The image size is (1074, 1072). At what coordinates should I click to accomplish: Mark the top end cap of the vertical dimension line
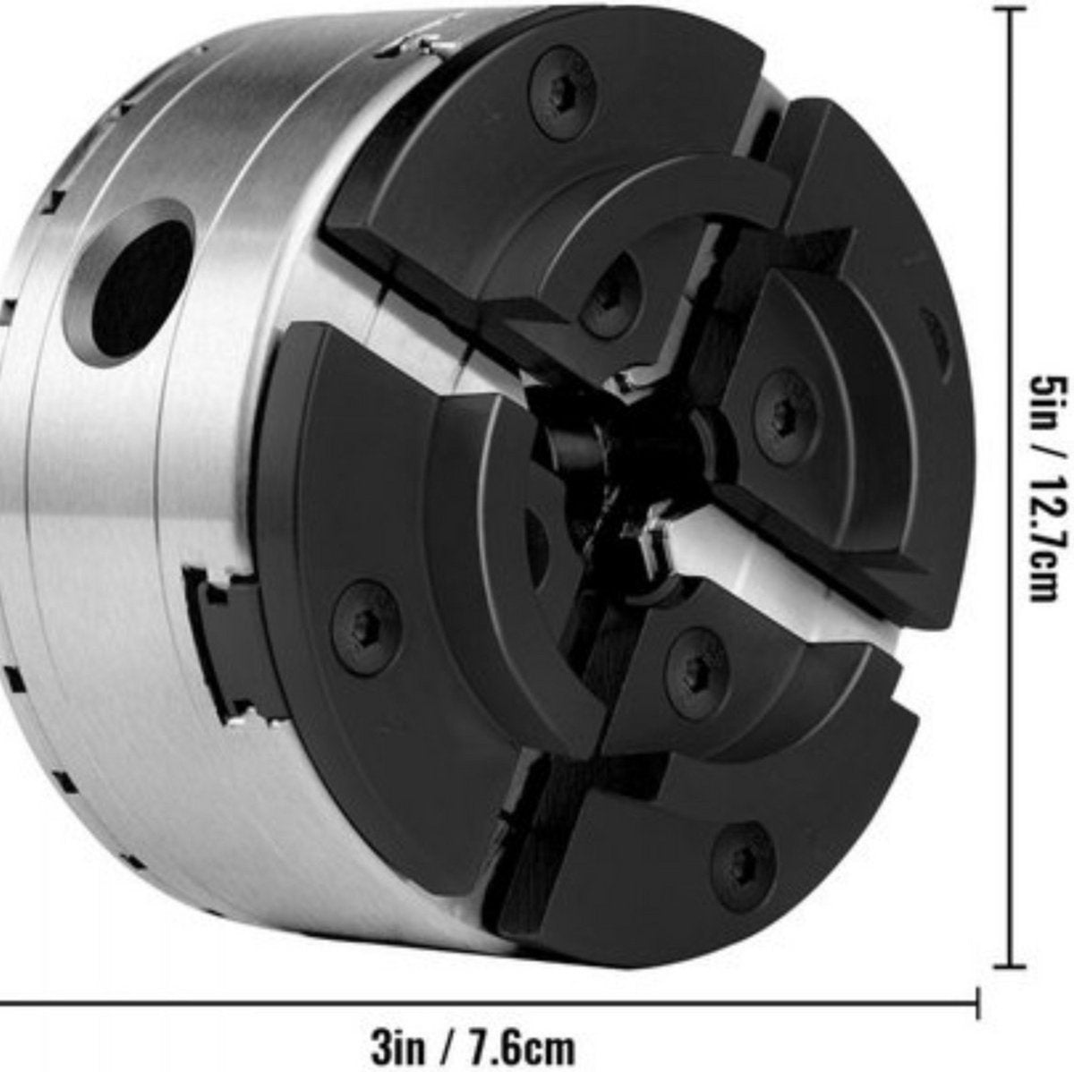(1010, 10)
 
